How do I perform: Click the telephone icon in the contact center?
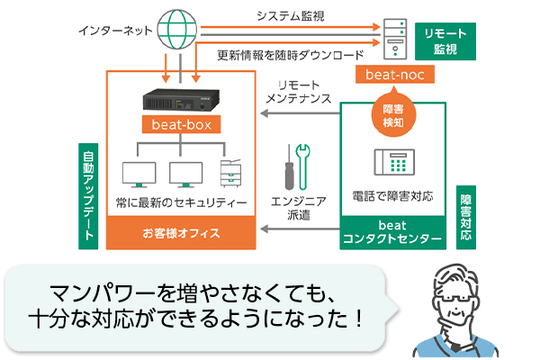pyautogui.click(x=392, y=162)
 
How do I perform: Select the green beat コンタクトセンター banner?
pyautogui.click(x=393, y=232)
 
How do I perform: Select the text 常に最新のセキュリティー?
pyautogui.click(x=182, y=203)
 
